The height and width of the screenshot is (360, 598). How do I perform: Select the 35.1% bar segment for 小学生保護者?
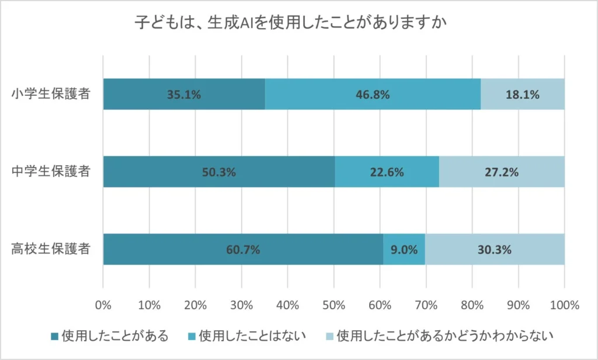184,94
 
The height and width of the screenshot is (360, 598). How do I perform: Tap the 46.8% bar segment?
373,94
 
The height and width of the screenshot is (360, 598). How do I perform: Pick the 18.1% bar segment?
522,94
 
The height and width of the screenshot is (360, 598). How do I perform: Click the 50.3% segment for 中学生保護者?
219,172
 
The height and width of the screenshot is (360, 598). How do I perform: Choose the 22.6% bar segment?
387,172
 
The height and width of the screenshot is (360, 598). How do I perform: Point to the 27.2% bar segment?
502,172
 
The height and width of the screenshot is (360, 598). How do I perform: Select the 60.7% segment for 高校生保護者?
243,250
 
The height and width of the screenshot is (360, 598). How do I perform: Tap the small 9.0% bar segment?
404,250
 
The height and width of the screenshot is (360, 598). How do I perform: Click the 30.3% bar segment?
495,250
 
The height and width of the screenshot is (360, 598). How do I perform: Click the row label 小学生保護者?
51,94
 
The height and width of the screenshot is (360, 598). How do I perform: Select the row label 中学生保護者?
51,172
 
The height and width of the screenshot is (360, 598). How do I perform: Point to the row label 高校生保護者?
51,250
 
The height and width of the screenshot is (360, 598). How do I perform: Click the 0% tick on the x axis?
103,305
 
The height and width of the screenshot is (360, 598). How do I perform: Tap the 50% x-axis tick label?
333,305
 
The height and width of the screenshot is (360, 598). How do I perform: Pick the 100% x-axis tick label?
564,305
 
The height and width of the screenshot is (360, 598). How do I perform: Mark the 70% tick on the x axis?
426,305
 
